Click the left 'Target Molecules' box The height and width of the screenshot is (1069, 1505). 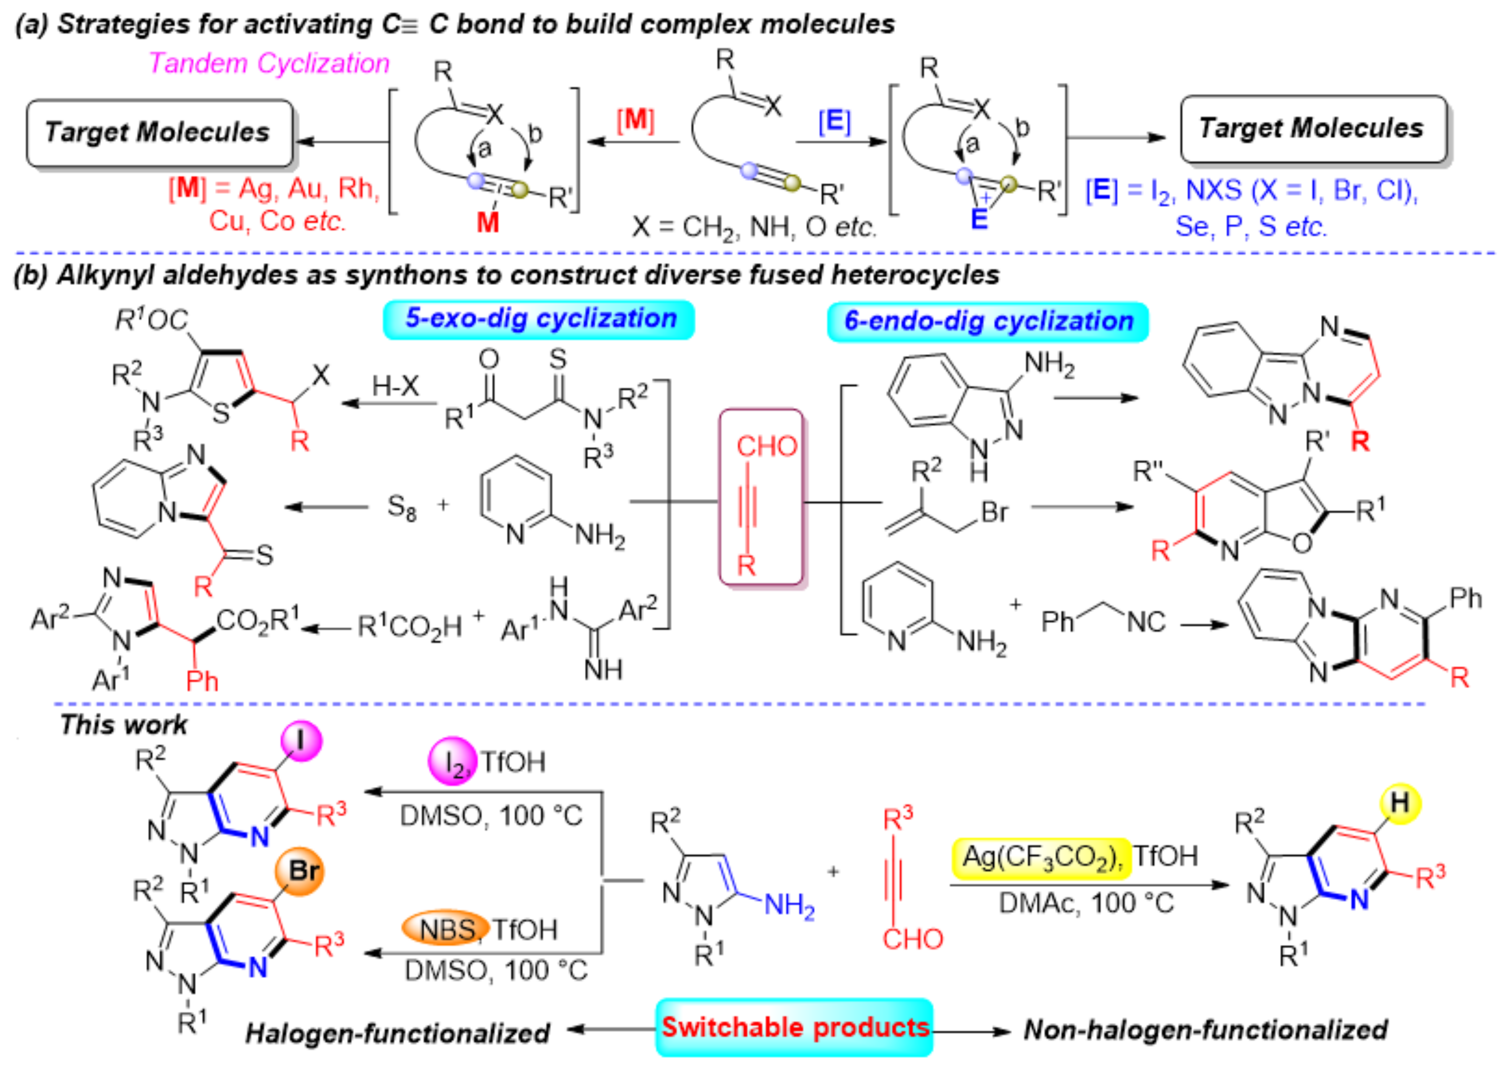click(159, 133)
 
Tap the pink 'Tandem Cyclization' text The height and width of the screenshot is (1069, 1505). click(269, 63)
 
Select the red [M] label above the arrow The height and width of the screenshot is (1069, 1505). click(635, 120)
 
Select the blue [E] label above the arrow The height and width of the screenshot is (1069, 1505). click(834, 121)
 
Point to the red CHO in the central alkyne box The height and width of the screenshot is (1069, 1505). click(766, 447)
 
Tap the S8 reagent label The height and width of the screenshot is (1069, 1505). click(401, 508)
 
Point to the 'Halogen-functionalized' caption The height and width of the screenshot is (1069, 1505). click(397, 1033)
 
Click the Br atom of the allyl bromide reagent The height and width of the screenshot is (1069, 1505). click(994, 511)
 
